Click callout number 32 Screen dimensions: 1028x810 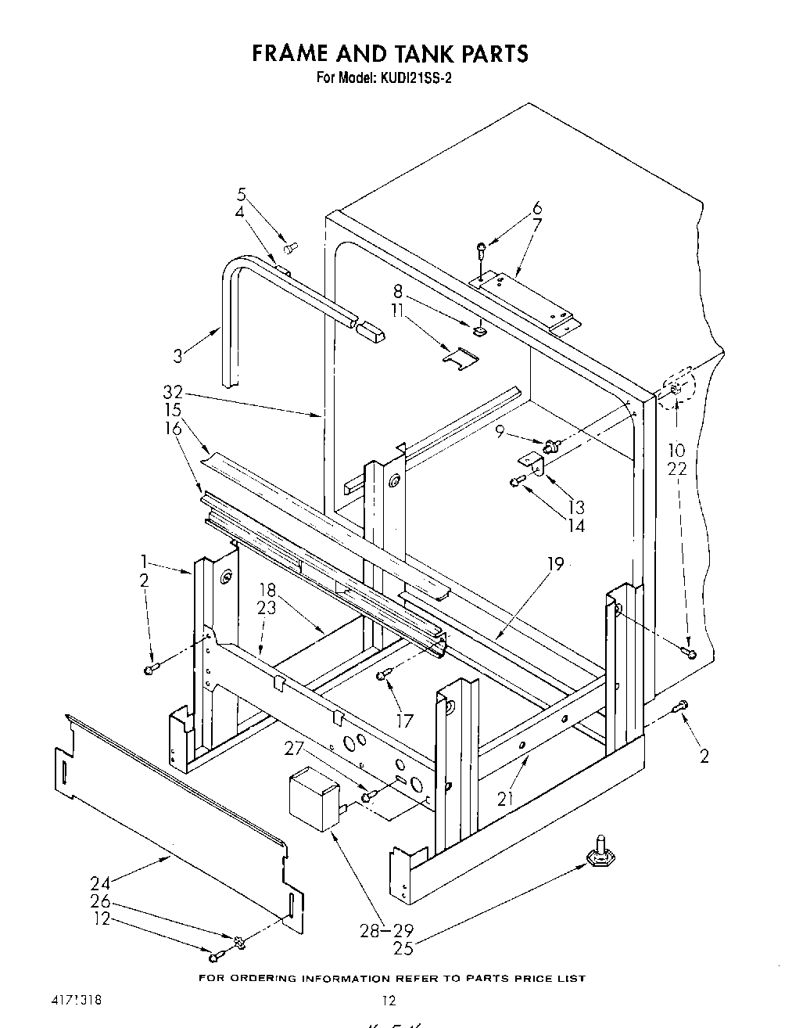click(x=173, y=394)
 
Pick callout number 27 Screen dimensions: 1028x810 click(x=293, y=749)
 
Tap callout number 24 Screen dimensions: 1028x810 click(x=100, y=883)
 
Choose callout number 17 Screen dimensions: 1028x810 click(x=404, y=721)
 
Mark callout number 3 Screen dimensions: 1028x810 click(x=179, y=356)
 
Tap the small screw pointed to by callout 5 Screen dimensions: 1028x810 click(x=291, y=248)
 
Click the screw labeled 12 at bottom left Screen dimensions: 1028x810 click(x=216, y=955)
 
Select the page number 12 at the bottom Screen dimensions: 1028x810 click(x=389, y=1001)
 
